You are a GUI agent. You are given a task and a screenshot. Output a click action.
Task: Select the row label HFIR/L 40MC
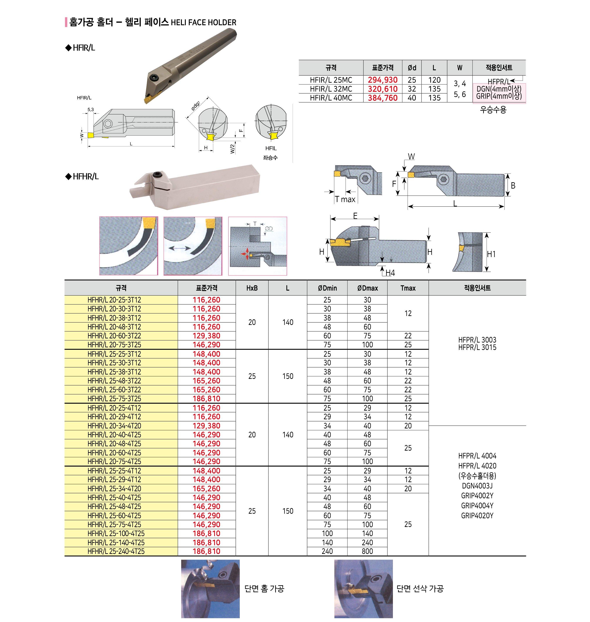[x=331, y=98]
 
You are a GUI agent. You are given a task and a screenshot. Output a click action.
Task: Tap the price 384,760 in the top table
[x=382, y=98]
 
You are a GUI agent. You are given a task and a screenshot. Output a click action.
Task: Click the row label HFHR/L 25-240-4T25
[x=116, y=551]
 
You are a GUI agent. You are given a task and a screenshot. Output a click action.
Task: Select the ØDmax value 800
[x=367, y=551]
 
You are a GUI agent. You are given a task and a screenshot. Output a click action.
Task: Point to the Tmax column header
[x=408, y=288]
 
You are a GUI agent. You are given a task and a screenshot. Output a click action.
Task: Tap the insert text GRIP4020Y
[x=477, y=515]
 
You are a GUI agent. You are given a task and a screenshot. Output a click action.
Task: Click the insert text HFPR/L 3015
[x=477, y=348]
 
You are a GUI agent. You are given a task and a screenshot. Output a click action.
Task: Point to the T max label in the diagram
[x=345, y=199]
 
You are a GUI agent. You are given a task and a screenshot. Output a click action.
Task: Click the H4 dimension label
[x=390, y=273]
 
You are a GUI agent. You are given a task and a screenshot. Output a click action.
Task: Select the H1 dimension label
[x=491, y=254]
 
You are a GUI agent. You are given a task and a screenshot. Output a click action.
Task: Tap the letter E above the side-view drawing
[x=355, y=216]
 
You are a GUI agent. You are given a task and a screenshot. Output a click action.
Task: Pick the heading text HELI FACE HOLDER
[x=203, y=23]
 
